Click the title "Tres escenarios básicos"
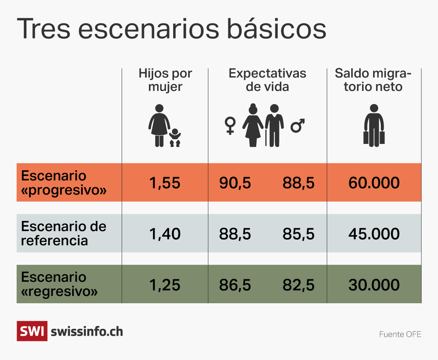pos(171,28)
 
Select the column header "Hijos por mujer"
pos(165,80)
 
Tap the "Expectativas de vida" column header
pos(267,80)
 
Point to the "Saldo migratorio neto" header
pos(373,80)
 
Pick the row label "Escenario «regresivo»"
pos(59,284)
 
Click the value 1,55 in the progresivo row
pos(165,183)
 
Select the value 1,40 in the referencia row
pos(165,234)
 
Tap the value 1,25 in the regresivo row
pos(165,285)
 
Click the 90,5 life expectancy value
pos(235,183)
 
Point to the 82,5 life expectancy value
pos(298,285)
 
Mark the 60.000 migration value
pos(374,183)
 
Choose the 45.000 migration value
pos(374,234)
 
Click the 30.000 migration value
pos(374,285)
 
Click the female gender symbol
pos(230,125)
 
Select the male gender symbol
pos(298,125)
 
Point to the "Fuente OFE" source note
pos(400,334)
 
